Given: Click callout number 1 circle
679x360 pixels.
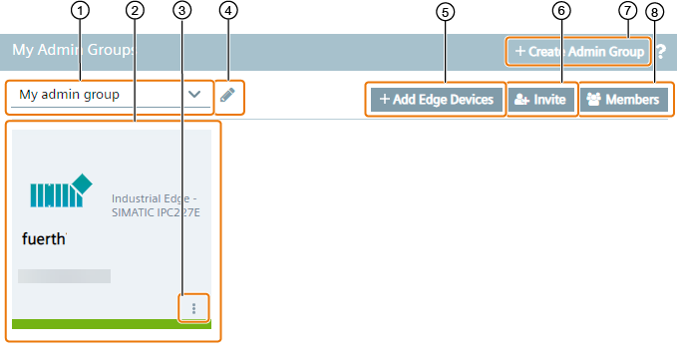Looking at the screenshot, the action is [81, 11].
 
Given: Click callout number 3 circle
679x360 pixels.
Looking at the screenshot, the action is [181, 11].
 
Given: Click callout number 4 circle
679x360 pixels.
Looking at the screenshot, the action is [229, 11].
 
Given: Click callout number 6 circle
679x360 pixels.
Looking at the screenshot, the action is [562, 11].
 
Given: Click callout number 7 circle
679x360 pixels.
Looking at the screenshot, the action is [627, 11].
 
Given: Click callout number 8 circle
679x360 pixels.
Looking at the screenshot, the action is [654, 11].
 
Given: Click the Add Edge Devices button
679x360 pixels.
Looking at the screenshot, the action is [437, 100].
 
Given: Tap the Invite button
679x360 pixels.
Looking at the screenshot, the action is [541, 100].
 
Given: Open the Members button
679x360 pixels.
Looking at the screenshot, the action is [623, 100].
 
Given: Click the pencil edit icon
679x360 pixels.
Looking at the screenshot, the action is [228, 96].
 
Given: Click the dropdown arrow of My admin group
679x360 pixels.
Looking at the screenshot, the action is [194, 95].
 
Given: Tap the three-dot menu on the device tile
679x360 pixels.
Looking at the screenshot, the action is [193, 308].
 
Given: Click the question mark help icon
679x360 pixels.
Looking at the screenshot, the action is [660, 52].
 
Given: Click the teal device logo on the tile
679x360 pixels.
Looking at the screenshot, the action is [61, 190].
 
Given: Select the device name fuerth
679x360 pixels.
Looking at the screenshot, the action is [44, 239].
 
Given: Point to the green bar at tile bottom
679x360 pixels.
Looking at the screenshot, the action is [111, 324].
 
